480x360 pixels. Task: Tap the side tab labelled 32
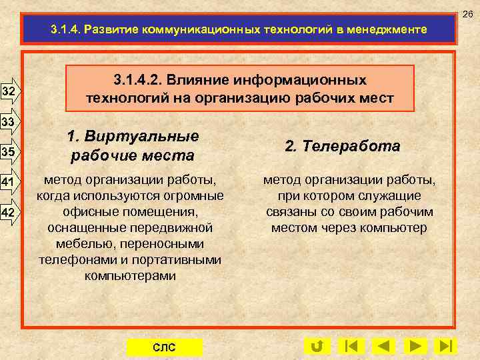point(9,90)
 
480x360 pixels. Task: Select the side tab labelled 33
point(9,122)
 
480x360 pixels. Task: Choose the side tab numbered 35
point(9,151)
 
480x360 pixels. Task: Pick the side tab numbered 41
point(9,182)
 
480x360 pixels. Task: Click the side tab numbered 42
point(9,212)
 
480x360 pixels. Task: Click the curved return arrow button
point(317,346)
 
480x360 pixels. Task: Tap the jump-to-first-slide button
point(351,346)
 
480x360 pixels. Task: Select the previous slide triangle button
point(383,346)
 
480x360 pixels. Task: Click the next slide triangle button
point(415,346)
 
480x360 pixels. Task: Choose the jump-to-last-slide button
point(445,346)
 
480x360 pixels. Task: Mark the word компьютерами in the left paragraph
point(131,275)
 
